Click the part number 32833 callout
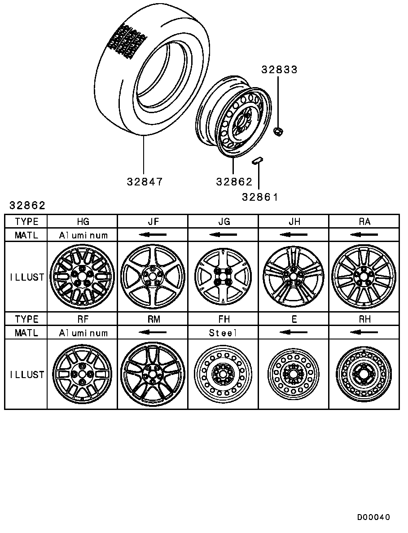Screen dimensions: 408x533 tap(279, 70)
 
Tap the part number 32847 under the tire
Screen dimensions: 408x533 tap(144, 182)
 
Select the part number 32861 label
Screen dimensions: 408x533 tap(260, 197)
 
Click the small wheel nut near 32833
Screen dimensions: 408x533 tap(277, 132)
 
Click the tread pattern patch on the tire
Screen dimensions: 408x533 tap(127, 40)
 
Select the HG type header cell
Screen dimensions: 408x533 tap(83, 221)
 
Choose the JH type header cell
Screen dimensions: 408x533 tap(294, 221)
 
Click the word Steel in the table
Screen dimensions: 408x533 tap(223, 333)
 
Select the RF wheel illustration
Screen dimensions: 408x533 tap(83, 374)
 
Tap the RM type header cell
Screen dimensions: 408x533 tap(153, 319)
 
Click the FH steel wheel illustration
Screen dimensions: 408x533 tap(223, 374)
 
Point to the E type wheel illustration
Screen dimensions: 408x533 tap(294, 374)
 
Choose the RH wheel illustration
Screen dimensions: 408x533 tap(364, 374)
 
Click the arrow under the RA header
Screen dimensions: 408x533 tap(364, 235)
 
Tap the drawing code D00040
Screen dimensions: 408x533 tap(373, 517)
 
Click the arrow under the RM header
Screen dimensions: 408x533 tap(153, 333)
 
